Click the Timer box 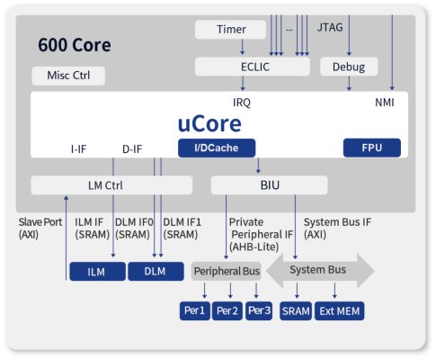click(230, 30)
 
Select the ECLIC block click(253, 67)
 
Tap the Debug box click(349, 67)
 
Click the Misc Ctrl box click(68, 76)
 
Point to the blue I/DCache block click(217, 148)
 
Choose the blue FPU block click(372, 148)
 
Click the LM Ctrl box click(111, 185)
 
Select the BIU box click(269, 185)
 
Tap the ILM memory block click(97, 272)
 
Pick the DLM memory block click(156, 272)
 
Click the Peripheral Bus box click(227, 271)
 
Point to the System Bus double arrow click(320, 270)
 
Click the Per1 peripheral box click(195, 310)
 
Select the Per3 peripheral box click(259, 310)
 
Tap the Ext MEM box click(340, 310)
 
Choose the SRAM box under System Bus click(296, 310)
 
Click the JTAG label click(330, 27)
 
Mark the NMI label click(385, 103)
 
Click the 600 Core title click(75, 45)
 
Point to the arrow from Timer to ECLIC click(243, 47)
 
